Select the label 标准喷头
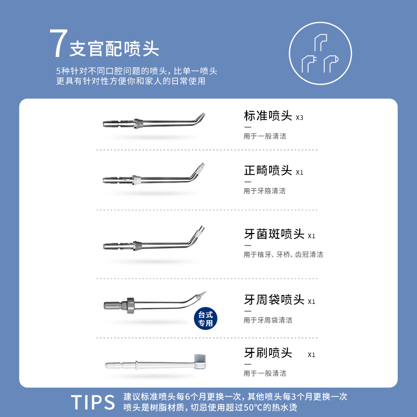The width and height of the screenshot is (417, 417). point(268,116)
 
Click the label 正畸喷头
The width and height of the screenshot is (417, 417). point(268,170)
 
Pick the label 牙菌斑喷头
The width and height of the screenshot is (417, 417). point(274,234)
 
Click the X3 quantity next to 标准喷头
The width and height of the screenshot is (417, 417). point(299,118)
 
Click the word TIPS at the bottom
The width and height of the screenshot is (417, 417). point(93,402)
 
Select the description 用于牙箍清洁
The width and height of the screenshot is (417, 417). point(264,191)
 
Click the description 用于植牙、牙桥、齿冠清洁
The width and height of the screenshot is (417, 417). point(283,254)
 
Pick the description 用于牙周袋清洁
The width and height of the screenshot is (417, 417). point(267,320)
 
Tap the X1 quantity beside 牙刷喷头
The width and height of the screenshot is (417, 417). point(311,355)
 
